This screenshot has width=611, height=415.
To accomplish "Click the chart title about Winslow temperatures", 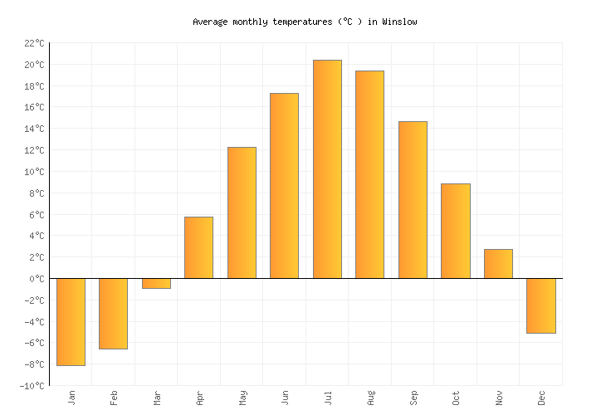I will tap(305, 22).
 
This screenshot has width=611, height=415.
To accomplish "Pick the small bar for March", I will tap(156, 283).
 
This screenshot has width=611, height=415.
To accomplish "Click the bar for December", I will tap(540, 305).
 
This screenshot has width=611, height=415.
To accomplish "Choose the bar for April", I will tap(198, 247).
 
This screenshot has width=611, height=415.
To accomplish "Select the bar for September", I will tap(413, 199).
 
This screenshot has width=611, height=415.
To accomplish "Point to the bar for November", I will tap(498, 263).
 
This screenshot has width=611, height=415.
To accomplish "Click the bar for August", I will tap(369, 174).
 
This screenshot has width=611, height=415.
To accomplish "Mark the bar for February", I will tap(113, 313).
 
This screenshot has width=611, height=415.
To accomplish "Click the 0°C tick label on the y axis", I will tap(37, 279).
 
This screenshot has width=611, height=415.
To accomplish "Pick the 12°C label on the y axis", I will tap(33, 150).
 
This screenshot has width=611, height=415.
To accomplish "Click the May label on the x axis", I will tap(242, 398).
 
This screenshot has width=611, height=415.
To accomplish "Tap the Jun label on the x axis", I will tap(284, 398).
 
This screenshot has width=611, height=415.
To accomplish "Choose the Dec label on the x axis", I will tap(540, 398).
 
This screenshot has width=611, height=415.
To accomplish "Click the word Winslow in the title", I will tap(400, 22).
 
